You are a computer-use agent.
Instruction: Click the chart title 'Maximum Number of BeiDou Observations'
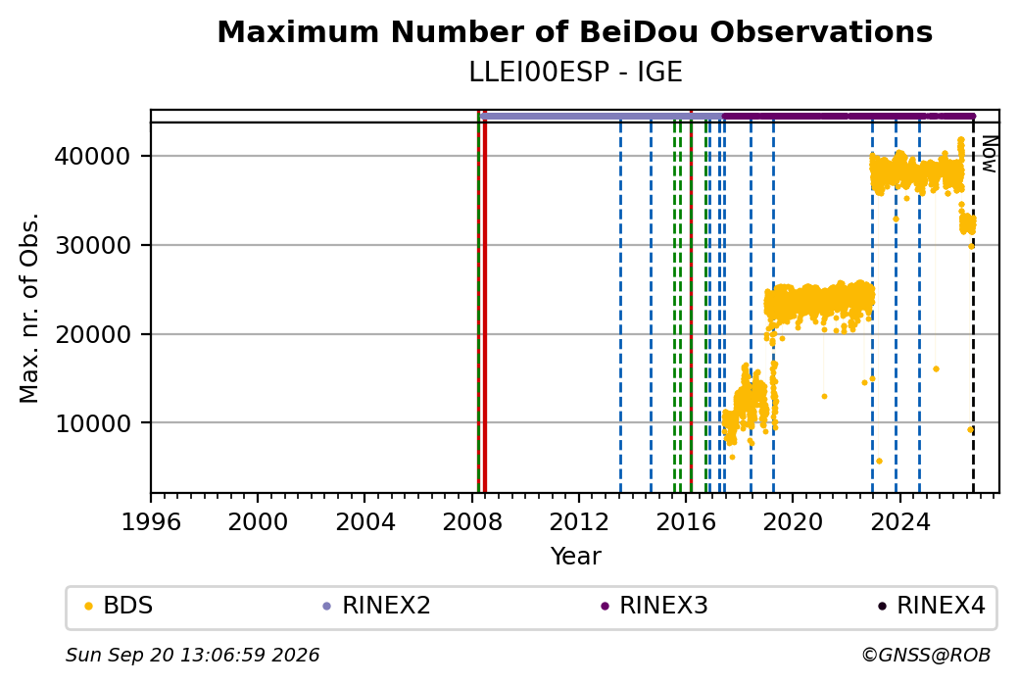[574, 31]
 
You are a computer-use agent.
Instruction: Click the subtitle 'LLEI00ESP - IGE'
[575, 73]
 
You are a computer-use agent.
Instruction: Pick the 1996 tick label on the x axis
[151, 521]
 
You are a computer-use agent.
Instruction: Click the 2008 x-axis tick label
[472, 521]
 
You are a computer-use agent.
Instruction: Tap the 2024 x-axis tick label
[899, 521]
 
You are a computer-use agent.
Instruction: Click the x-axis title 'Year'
[575, 557]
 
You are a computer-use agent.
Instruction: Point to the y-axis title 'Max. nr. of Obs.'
[29, 308]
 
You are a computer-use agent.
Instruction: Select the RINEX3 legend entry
[655, 606]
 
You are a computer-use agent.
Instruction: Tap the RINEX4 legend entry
[932, 606]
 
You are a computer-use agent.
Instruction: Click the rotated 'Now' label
[989, 154]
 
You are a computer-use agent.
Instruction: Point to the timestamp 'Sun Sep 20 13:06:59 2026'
[192, 655]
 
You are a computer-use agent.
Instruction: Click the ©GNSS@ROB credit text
[926, 655]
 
